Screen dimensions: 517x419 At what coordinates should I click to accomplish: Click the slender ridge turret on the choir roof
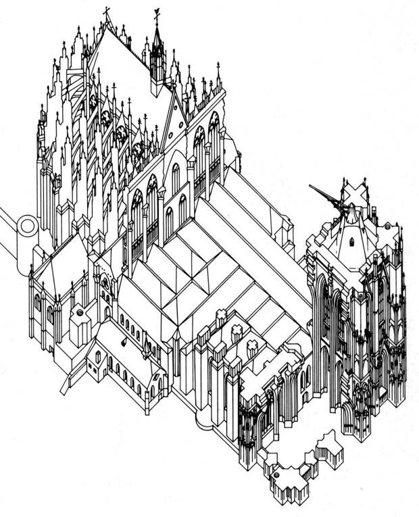(157, 57)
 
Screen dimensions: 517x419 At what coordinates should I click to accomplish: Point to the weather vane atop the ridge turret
(157, 14)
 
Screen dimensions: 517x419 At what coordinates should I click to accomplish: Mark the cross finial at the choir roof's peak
(107, 13)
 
